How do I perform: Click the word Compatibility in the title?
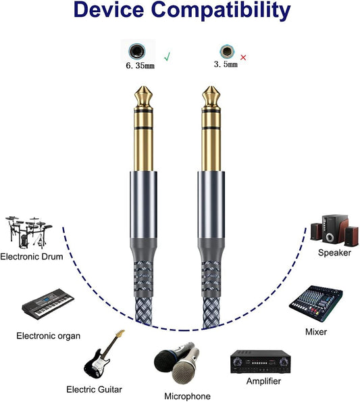(x=224, y=11)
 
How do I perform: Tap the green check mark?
(x=167, y=57)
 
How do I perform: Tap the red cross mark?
(x=243, y=57)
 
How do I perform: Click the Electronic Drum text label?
(x=32, y=257)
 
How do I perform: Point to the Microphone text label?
(x=187, y=396)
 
